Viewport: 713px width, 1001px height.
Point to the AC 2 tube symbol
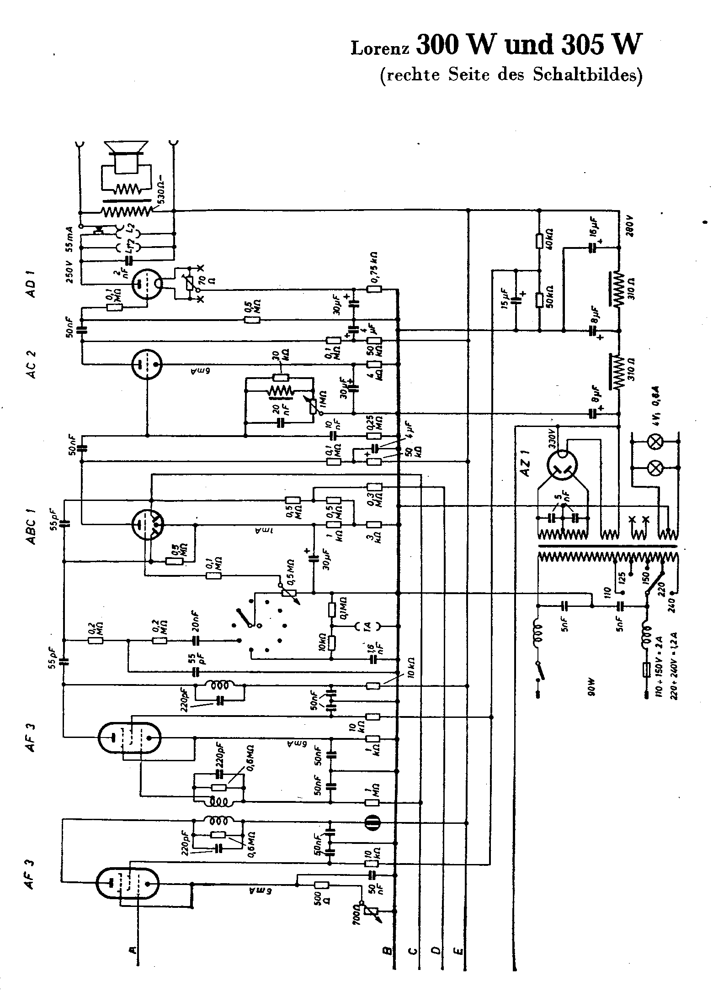click(x=147, y=364)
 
